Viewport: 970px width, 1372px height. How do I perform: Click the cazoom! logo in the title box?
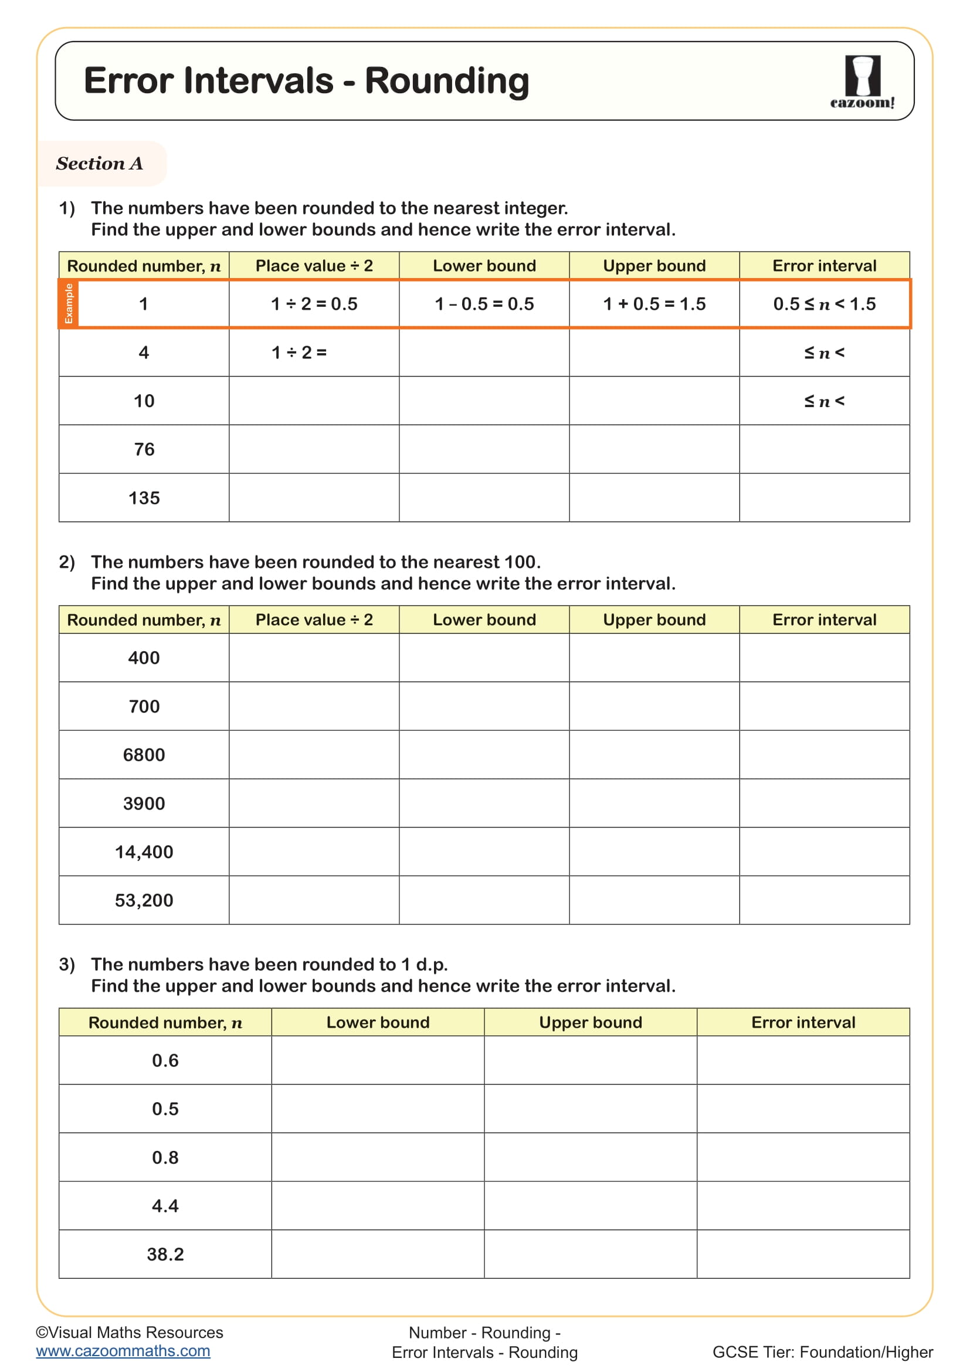862,82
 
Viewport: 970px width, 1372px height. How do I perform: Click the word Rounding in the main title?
447,81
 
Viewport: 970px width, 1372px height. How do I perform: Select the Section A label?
99,163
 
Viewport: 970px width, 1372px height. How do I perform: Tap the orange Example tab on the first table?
69,304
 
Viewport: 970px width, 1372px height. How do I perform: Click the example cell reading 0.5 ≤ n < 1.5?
824,304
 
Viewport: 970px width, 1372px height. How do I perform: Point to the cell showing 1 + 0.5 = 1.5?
654,304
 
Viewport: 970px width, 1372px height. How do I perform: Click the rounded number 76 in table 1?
144,449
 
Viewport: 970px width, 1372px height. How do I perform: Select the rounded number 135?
144,498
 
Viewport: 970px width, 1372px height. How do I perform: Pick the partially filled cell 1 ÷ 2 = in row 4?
299,353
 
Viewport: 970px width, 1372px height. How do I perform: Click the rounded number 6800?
144,755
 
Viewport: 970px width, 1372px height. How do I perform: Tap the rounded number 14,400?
144,852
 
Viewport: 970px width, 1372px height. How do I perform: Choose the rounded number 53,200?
144,900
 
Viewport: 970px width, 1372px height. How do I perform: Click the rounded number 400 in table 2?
144,658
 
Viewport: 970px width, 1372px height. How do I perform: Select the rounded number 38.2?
165,1254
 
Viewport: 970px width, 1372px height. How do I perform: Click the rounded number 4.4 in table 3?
165,1205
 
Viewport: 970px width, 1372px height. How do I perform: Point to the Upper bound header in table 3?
590,1022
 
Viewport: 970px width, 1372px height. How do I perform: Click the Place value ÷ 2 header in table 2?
314,619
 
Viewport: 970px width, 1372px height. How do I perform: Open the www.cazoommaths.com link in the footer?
123,1350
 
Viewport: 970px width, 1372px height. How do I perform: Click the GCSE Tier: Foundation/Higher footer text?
822,1351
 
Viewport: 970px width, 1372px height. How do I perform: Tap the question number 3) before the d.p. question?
67,964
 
